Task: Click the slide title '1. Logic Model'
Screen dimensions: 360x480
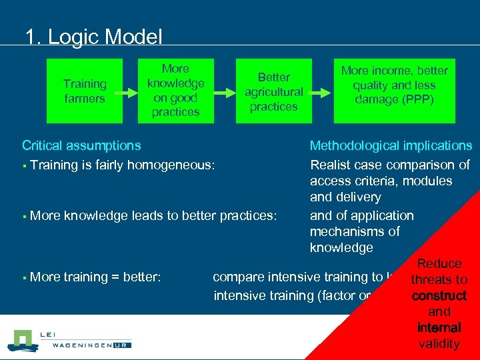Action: [93, 37]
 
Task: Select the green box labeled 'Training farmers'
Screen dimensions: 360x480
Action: [85, 91]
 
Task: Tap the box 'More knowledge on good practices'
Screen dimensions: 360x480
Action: [175, 91]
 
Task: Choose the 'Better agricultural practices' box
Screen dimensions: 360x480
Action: [273, 92]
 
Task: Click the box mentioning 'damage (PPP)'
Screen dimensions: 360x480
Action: [394, 91]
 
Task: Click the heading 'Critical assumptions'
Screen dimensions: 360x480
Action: [81, 145]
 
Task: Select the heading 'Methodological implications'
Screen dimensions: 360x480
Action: [391, 145]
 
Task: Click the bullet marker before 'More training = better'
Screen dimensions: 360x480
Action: [24, 277]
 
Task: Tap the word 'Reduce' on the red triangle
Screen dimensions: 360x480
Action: [439, 264]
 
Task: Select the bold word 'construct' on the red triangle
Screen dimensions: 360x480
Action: [439, 295]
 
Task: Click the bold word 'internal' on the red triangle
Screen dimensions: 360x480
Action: [439, 327]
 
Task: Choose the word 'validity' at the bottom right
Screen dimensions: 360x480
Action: [439, 343]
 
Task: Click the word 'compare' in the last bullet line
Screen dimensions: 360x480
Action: [237, 277]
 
